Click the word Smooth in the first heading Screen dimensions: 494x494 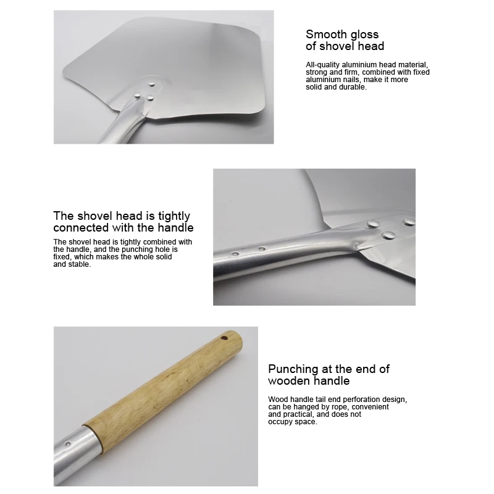coord(325,35)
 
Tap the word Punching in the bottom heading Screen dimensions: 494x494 coord(294,369)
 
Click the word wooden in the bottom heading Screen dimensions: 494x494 coord(288,381)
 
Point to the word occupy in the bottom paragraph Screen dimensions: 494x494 coord(282,422)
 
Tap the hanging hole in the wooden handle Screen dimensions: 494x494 coord(225,338)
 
